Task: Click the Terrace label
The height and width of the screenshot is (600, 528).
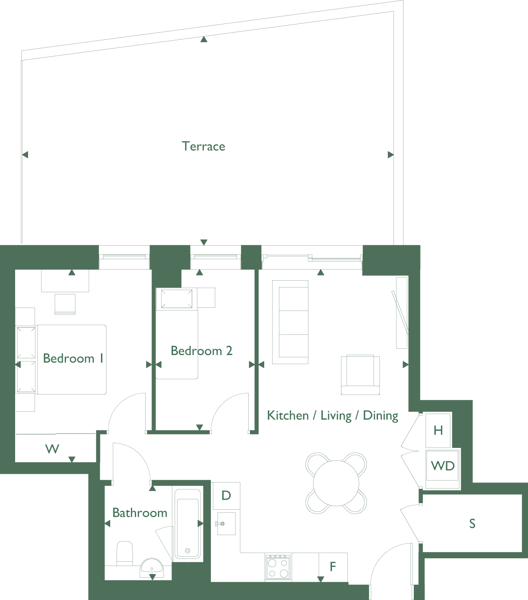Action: (x=203, y=146)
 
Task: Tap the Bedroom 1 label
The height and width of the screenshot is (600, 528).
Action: (x=73, y=358)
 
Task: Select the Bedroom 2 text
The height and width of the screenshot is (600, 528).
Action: (x=202, y=351)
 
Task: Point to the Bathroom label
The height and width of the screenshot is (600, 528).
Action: (x=140, y=513)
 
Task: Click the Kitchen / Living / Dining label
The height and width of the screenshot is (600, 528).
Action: (x=332, y=416)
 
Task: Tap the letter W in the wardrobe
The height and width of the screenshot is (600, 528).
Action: (x=52, y=449)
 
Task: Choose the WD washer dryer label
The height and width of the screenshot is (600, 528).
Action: (x=442, y=466)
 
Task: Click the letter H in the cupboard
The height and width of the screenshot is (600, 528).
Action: (x=438, y=431)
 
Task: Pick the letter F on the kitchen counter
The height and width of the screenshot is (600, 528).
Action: (x=333, y=567)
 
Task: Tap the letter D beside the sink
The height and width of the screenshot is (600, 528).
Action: (x=226, y=495)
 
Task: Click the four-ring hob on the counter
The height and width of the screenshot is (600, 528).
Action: (x=278, y=567)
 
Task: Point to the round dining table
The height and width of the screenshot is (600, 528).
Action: (x=336, y=483)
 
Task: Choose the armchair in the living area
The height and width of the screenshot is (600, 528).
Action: (x=360, y=375)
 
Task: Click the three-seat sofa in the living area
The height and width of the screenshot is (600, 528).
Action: (x=290, y=322)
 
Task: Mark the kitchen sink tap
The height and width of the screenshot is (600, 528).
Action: (x=220, y=524)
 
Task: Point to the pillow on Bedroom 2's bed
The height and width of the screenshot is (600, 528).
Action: (x=176, y=299)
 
